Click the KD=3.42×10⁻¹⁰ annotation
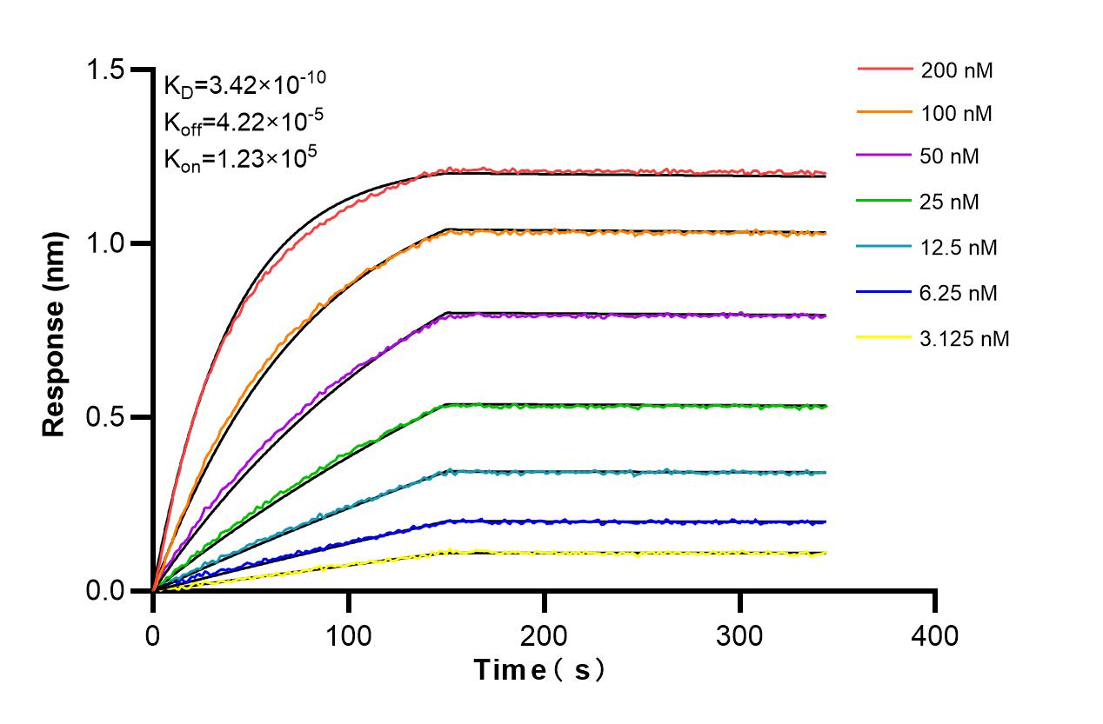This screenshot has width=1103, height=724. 245,84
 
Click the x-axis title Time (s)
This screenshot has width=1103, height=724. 540,670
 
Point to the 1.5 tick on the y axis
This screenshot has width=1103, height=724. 112,70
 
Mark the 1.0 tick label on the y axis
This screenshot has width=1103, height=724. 112,243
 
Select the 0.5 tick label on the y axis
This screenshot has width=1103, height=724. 112,417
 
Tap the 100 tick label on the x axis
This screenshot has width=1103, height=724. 349,635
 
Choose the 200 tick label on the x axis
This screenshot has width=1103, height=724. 545,635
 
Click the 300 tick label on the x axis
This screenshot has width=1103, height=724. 740,635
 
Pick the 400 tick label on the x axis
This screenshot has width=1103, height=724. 936,635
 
